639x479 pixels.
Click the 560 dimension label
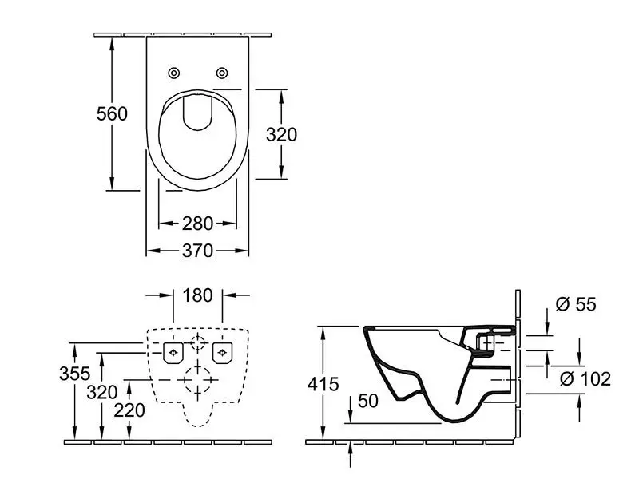click(x=112, y=114)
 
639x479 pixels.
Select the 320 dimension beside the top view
click(x=281, y=135)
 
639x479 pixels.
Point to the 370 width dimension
click(x=198, y=251)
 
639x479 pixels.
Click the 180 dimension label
click(x=197, y=295)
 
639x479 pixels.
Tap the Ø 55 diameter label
click(x=574, y=304)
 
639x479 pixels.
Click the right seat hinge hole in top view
click(x=222, y=73)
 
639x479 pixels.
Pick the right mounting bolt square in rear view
click(x=223, y=351)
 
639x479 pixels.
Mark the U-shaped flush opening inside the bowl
click(x=197, y=113)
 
